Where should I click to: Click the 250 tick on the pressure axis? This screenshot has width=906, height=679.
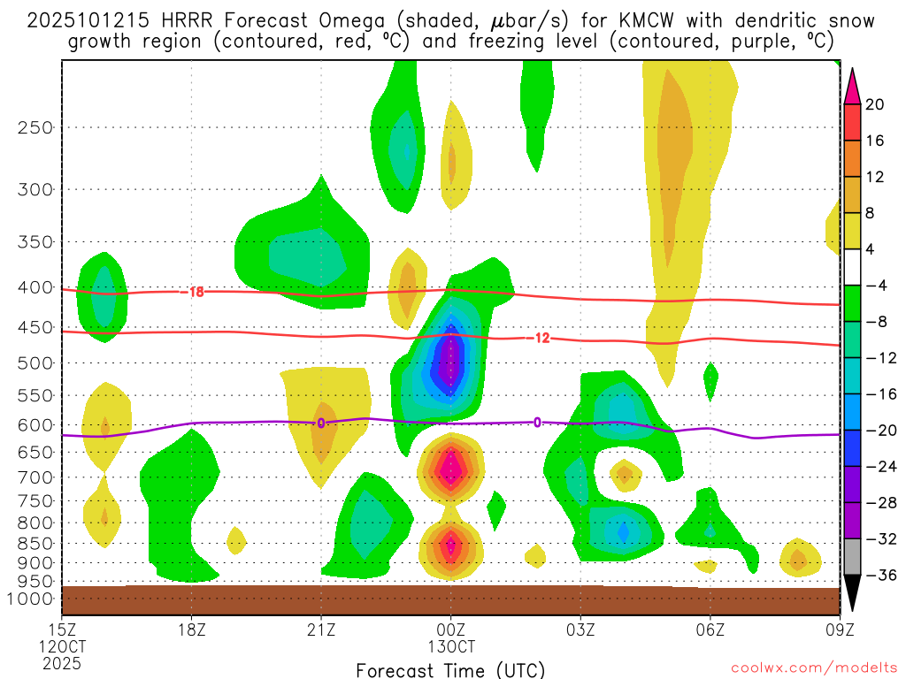(x=35, y=127)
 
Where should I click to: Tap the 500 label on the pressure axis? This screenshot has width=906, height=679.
(x=35, y=362)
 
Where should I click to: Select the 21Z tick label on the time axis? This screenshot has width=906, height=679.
(x=321, y=630)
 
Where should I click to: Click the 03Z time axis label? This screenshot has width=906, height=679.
(x=580, y=630)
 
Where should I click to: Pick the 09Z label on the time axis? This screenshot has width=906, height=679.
(x=840, y=630)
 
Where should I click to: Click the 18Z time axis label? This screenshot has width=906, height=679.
(x=192, y=630)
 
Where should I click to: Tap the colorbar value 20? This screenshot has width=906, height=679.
(x=875, y=104)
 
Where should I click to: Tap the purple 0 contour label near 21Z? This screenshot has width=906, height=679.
(x=321, y=423)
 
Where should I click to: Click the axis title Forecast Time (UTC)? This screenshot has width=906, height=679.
(x=450, y=669)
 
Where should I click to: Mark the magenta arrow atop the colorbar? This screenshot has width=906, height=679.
(x=853, y=84)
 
